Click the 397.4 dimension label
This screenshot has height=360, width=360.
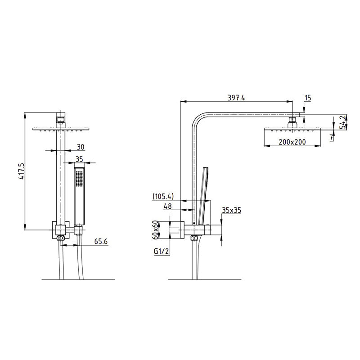pos(237,98)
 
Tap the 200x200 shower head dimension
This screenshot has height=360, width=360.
pos(292,142)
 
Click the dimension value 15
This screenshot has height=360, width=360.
pos(308,98)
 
